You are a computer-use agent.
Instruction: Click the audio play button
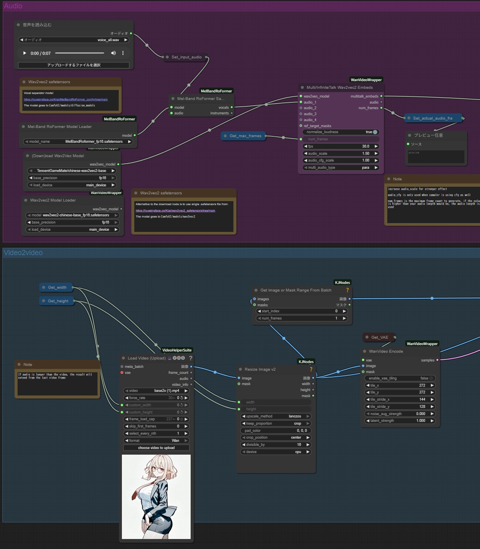click(x=25, y=53)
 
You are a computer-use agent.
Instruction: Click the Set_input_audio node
click(x=186, y=57)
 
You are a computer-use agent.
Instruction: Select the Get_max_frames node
click(x=245, y=136)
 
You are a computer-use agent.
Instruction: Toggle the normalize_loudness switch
click(x=374, y=132)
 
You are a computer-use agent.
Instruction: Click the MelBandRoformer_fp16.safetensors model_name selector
click(x=78, y=142)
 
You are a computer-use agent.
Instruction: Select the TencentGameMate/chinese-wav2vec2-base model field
click(x=72, y=171)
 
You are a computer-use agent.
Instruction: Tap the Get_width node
click(x=57, y=287)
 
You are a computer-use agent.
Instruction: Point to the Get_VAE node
click(x=379, y=337)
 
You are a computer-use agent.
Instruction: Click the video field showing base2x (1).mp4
click(x=156, y=391)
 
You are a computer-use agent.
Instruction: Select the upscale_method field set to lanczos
click(x=276, y=416)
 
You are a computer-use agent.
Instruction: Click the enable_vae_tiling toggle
click(x=431, y=378)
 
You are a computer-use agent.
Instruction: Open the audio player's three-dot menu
click(x=123, y=53)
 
